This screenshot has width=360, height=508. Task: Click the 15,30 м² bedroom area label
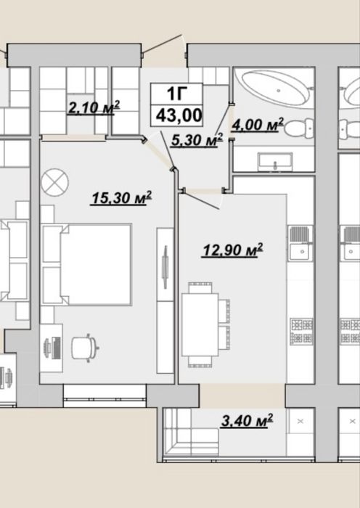[x=121, y=197]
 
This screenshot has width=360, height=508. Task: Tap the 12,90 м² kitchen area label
[x=232, y=250]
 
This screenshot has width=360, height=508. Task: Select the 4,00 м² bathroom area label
[x=258, y=125]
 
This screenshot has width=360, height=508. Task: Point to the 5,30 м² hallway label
[x=197, y=140]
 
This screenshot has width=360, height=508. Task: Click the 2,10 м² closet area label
[x=94, y=107]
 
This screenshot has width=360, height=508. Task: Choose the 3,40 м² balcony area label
[x=247, y=420]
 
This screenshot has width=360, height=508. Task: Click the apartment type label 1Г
[x=177, y=94]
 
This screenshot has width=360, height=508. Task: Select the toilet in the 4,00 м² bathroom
[x=300, y=128]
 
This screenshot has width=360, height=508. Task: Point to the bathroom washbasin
[x=275, y=162]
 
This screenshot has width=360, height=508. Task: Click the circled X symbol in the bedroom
[x=54, y=182]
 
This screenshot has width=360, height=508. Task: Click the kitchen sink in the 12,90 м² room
[x=300, y=243]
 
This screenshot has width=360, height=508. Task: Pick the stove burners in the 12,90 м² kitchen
[x=301, y=332]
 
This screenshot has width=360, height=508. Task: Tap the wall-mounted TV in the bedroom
[x=165, y=266]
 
